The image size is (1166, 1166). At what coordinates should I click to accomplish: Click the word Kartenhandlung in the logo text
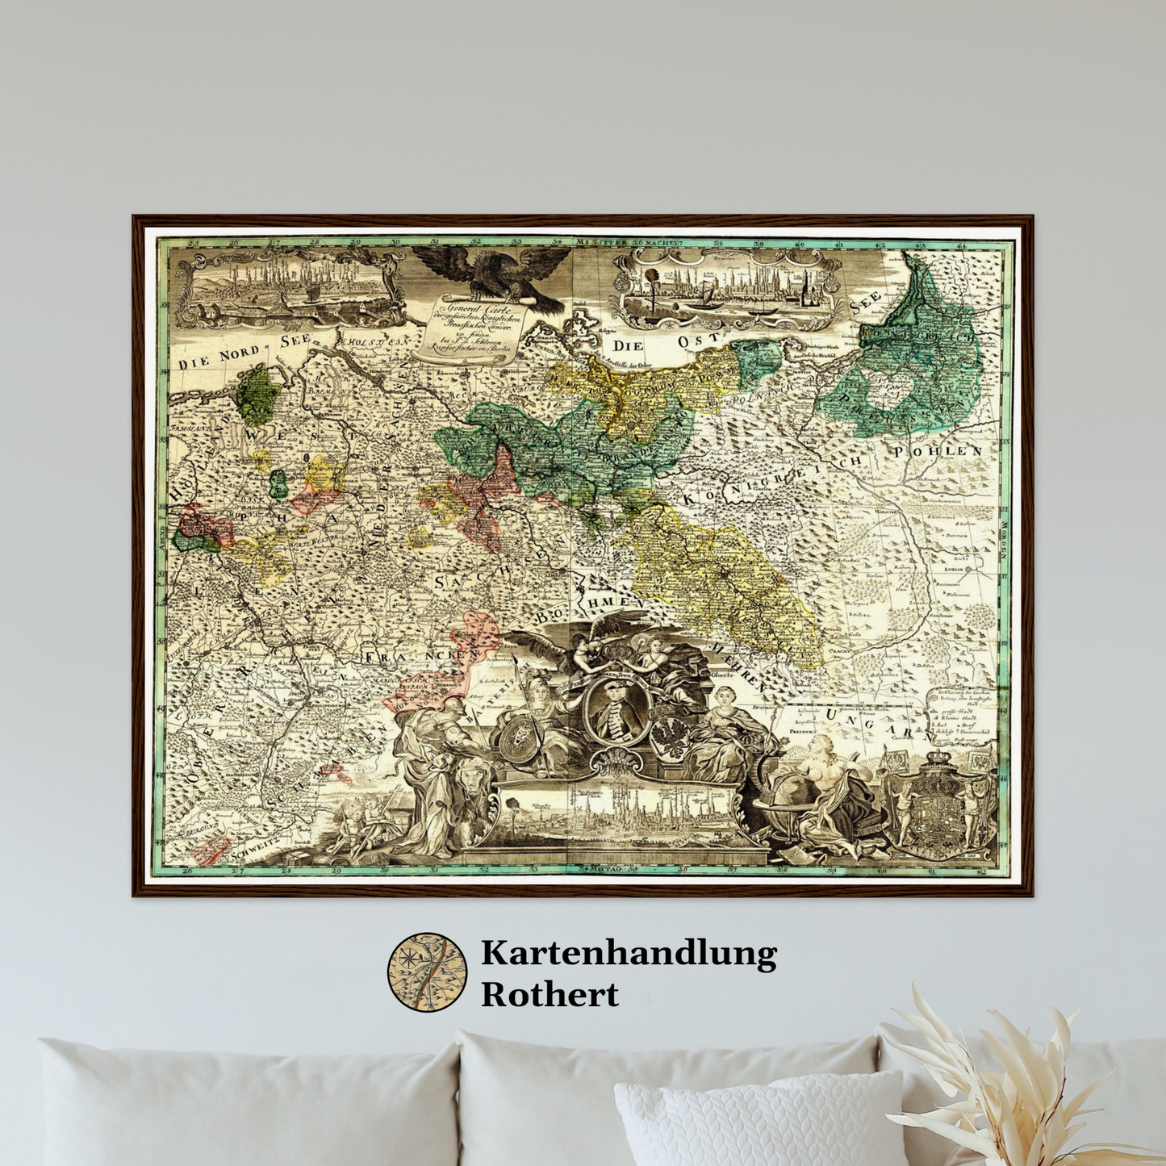[629, 954]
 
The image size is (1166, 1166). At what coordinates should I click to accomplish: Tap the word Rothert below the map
[550, 994]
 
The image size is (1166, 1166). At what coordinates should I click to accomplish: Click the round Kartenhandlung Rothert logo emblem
[427, 972]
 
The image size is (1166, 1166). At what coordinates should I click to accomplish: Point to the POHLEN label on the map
[938, 451]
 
